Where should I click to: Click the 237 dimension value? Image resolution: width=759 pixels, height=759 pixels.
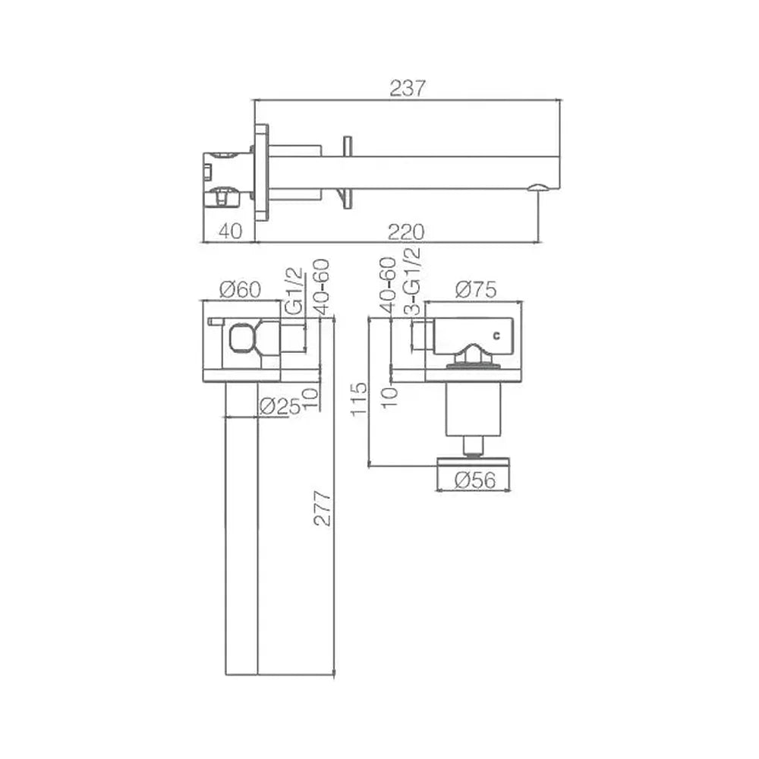408,89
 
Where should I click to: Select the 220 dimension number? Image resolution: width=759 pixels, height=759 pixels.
406,232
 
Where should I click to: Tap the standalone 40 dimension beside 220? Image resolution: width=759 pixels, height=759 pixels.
230,231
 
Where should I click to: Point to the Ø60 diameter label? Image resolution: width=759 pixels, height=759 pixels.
240,289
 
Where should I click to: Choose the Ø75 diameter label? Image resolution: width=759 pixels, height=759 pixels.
477,290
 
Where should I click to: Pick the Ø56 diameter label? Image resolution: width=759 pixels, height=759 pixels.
475,480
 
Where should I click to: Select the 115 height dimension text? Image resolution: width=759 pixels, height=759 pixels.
360,399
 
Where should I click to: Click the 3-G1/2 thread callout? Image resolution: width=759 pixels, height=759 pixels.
412,282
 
